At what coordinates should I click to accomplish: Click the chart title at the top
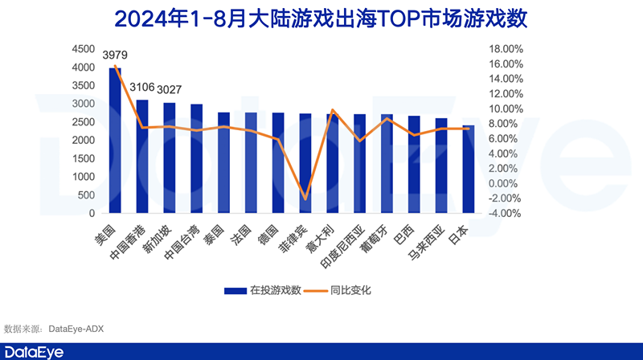pos(321,17)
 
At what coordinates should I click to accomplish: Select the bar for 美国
pos(116,141)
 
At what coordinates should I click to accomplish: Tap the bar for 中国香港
pos(142,157)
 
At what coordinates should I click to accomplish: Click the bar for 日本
pos(468,170)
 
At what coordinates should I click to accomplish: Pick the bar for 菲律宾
pos(305,164)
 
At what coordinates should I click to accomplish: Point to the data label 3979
pos(115,55)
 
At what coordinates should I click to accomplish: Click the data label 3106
pos(141,88)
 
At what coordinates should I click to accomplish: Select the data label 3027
pos(169,89)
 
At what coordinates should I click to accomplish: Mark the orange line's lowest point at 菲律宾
pos(305,198)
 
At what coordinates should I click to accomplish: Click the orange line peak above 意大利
pos(332,110)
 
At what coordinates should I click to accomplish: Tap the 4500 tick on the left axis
pos(84,49)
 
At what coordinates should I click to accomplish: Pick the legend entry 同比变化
pos(349,290)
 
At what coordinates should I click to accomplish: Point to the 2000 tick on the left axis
pos(84,141)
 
